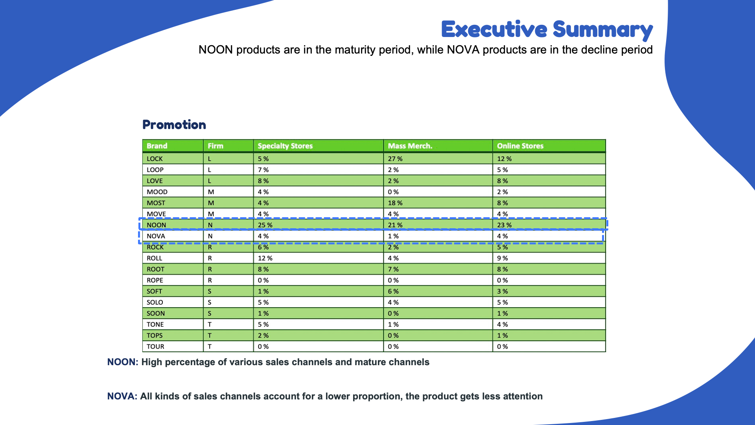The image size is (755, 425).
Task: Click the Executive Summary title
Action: [547, 30]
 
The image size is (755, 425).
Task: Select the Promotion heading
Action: [174, 125]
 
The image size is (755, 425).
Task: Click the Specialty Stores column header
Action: [285, 146]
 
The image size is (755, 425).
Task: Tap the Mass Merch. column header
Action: [410, 146]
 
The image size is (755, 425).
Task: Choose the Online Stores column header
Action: [520, 146]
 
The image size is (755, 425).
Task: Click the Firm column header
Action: [215, 146]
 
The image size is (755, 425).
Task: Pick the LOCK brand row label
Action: [155, 159]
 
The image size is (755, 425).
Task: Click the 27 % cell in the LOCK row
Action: [395, 159]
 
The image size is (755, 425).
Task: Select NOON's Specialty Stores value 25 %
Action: [265, 225]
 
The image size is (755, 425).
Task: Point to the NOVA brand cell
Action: [156, 236]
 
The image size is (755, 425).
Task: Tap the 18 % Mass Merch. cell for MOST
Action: [395, 203]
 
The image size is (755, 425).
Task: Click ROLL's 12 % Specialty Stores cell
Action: [265, 259]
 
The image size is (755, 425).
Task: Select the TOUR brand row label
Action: [155, 347]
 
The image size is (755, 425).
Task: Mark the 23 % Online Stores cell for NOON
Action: [504, 225]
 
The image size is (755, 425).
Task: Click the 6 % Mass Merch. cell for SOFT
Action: [393, 292]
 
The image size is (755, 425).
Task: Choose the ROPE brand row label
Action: [155, 281]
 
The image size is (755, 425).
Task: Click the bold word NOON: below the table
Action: [123, 362]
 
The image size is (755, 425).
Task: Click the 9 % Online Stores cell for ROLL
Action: [502, 259]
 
